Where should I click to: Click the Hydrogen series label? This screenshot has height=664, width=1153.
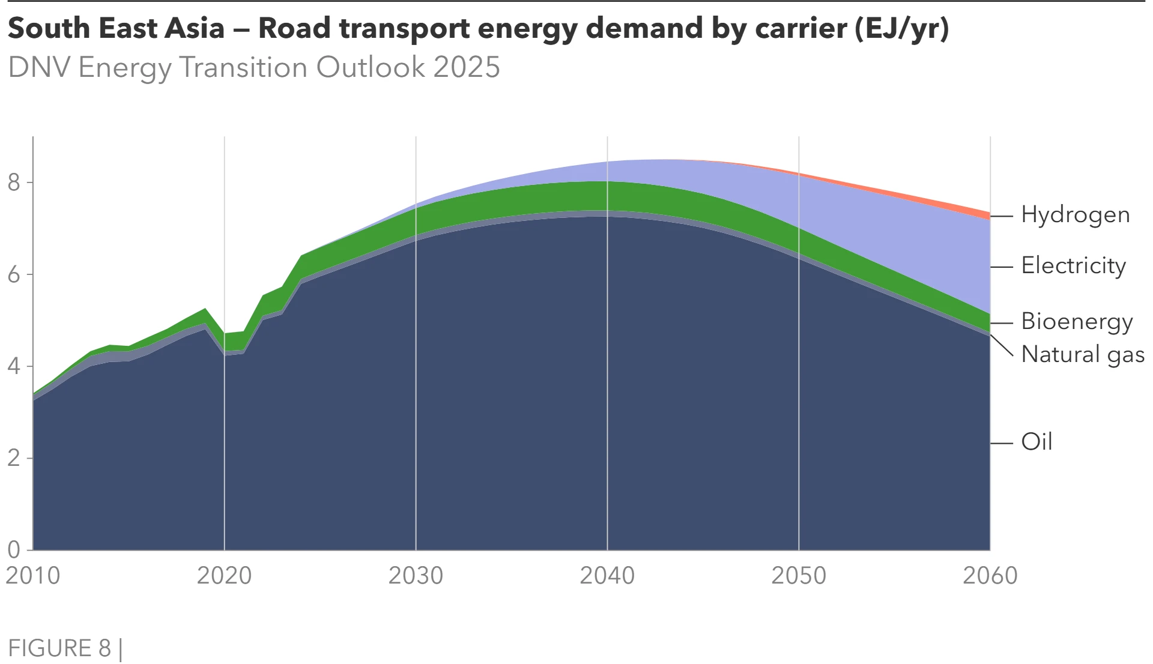pyautogui.click(x=1075, y=215)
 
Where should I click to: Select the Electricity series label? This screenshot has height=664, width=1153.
pyautogui.click(x=1073, y=266)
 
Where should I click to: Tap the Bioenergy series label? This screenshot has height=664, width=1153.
pyautogui.click(x=1077, y=322)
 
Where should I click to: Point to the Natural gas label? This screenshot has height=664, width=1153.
pyautogui.click(x=1083, y=354)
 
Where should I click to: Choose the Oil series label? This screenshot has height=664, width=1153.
pyautogui.click(x=1036, y=442)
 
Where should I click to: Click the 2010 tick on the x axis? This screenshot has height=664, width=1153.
pyautogui.click(x=33, y=576)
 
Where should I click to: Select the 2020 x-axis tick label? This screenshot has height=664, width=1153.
pyautogui.click(x=225, y=576)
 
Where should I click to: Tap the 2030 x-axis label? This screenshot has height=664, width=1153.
pyautogui.click(x=416, y=576)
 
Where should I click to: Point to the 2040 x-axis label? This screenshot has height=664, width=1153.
pyautogui.click(x=607, y=576)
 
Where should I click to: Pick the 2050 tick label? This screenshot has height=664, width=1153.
pyautogui.click(x=799, y=576)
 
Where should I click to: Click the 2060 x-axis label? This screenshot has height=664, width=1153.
pyautogui.click(x=990, y=576)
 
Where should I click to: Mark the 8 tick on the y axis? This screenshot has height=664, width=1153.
pyautogui.click(x=14, y=183)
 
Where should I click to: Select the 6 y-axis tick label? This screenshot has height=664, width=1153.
pyautogui.click(x=14, y=275)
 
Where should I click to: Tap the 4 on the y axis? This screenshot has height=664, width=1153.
pyautogui.click(x=14, y=366)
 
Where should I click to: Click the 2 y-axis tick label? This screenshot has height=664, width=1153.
pyautogui.click(x=14, y=459)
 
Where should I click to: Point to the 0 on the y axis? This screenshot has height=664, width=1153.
pyautogui.click(x=14, y=550)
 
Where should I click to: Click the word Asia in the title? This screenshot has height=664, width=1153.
pyautogui.click(x=194, y=28)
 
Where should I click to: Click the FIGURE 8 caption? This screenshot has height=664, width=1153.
pyautogui.click(x=60, y=648)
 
